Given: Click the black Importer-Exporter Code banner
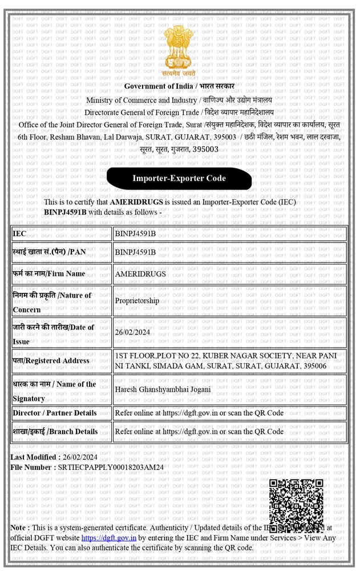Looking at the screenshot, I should click(x=179, y=178).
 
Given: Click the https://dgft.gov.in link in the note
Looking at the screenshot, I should click(x=108, y=538).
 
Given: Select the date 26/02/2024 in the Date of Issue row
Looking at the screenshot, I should click(x=132, y=332).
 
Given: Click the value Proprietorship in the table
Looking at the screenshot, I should click(x=137, y=300).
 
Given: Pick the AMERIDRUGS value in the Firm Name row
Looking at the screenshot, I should click(x=140, y=274).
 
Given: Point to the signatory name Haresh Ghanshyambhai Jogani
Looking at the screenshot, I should click(x=163, y=389).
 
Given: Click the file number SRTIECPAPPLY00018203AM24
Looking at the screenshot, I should click(x=111, y=467).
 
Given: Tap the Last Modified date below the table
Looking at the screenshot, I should click(x=80, y=457).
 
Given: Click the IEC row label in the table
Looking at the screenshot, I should click(x=19, y=234).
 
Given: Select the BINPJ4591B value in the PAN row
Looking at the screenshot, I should click(x=135, y=252).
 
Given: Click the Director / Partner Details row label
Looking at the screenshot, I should click(x=54, y=413).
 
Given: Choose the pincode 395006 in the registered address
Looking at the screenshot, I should click(x=315, y=365).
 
